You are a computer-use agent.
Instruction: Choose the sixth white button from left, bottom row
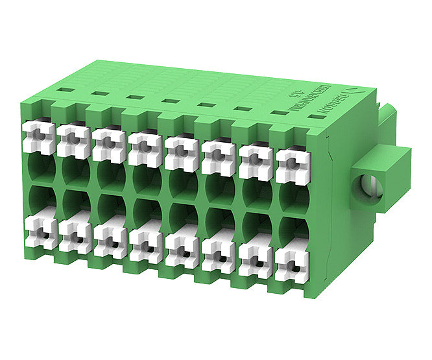click(217, 256)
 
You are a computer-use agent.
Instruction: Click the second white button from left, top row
click(73, 139)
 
